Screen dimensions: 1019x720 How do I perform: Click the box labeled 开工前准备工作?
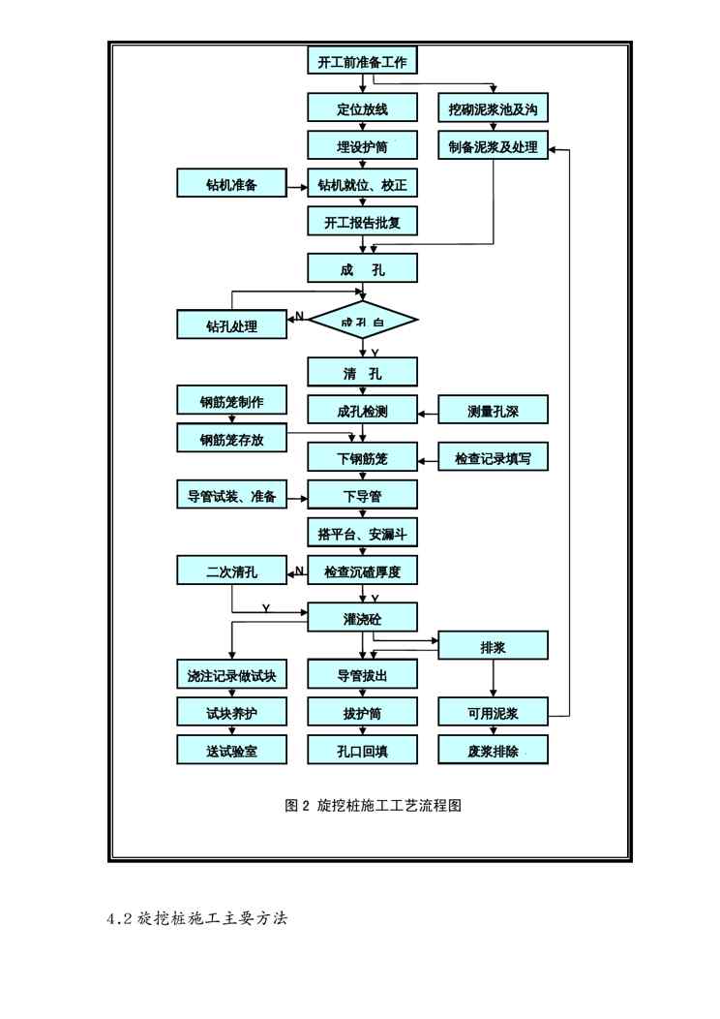[x=363, y=63]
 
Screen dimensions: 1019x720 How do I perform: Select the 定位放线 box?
[x=363, y=108]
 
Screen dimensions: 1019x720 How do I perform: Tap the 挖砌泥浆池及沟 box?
[x=494, y=108]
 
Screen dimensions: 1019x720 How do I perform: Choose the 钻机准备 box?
[x=231, y=184]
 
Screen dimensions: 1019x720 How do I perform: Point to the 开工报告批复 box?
[x=363, y=222]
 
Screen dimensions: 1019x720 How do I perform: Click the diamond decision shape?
[x=363, y=321]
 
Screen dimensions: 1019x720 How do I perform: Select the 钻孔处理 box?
[x=231, y=325]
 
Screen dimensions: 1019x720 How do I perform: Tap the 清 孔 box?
[x=363, y=373]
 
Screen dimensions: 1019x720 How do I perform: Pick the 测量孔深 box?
[x=494, y=411]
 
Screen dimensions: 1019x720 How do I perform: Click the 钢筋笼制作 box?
[x=231, y=401]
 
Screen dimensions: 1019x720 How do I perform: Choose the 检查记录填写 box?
[x=494, y=458]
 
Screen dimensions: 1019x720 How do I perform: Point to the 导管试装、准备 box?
[x=231, y=496]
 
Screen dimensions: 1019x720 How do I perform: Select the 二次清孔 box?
[x=231, y=571]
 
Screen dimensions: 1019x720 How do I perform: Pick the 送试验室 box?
[x=231, y=751]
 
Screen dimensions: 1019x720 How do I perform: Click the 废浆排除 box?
[x=494, y=751]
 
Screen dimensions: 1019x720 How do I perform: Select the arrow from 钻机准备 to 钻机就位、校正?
[x=297, y=184]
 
